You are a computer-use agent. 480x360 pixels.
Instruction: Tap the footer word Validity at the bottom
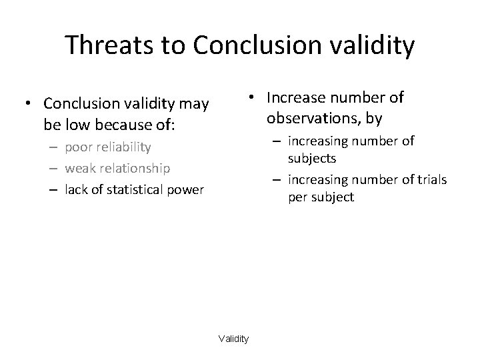pyautogui.click(x=233, y=339)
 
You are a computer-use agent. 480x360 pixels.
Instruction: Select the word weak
pyautogui.click(x=79, y=169)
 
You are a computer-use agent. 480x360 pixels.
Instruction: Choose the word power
pyautogui.click(x=187, y=190)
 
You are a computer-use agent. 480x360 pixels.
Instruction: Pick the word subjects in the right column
pyautogui.click(x=312, y=159)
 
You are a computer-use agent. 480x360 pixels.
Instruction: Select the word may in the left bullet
pyautogui.click(x=195, y=104)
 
